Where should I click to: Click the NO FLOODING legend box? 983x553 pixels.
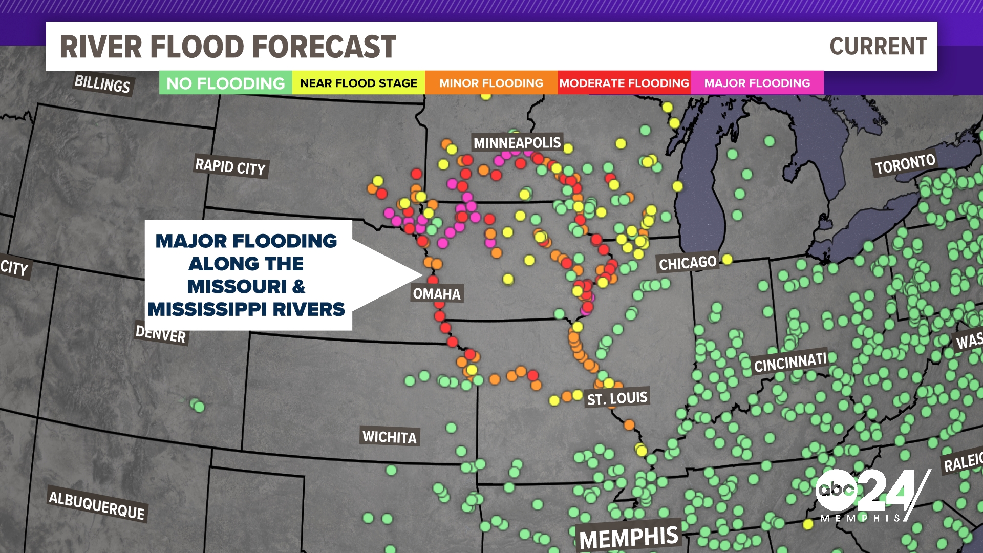point(225,83)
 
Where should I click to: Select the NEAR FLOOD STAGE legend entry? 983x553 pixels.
point(358,83)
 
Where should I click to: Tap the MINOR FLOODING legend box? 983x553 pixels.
point(491,83)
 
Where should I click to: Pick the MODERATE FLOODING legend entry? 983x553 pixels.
point(624,83)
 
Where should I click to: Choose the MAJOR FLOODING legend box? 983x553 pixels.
point(757,83)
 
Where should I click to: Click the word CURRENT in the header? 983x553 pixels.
point(878,47)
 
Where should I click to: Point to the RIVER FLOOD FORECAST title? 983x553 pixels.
point(228,47)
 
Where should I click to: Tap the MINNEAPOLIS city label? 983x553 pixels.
point(517,143)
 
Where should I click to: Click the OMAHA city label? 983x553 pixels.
point(437,294)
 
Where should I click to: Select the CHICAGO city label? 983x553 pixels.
point(688,263)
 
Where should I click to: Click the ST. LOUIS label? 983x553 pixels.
point(617,398)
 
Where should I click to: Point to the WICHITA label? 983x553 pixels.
point(390,437)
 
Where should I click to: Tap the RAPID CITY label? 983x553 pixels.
point(230,167)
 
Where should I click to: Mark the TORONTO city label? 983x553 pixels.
point(905,164)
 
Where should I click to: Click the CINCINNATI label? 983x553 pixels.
point(790,363)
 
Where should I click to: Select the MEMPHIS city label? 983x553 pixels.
point(629,538)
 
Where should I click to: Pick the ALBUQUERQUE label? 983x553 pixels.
point(97,505)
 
